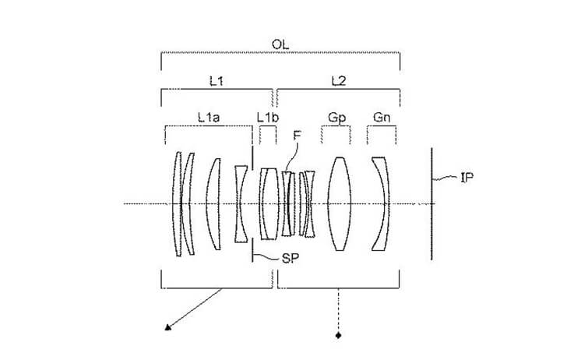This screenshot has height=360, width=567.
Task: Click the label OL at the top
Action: [x=280, y=44]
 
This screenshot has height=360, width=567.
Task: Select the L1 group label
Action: [x=217, y=81]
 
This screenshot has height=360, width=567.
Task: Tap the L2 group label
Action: [x=339, y=81]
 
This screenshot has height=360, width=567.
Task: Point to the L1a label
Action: [x=209, y=117]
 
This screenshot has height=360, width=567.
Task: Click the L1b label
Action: [x=268, y=117]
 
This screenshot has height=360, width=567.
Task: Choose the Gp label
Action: [x=337, y=118]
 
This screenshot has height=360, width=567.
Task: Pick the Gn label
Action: [x=382, y=117]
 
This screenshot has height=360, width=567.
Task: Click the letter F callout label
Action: [x=298, y=135]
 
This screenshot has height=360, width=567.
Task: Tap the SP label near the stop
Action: [x=291, y=259]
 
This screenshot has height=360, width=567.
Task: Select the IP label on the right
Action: [x=467, y=178]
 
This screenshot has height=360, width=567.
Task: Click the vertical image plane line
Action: [x=431, y=203]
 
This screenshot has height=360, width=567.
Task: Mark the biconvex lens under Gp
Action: [x=340, y=203]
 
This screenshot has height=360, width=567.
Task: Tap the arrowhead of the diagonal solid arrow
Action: [x=167, y=327]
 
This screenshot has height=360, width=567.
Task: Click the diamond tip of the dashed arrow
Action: [x=339, y=335]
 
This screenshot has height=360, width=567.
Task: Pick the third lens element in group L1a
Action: [x=213, y=203]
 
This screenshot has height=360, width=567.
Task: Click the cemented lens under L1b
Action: [x=269, y=203]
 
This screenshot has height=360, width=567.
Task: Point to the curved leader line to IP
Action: [x=445, y=178]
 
